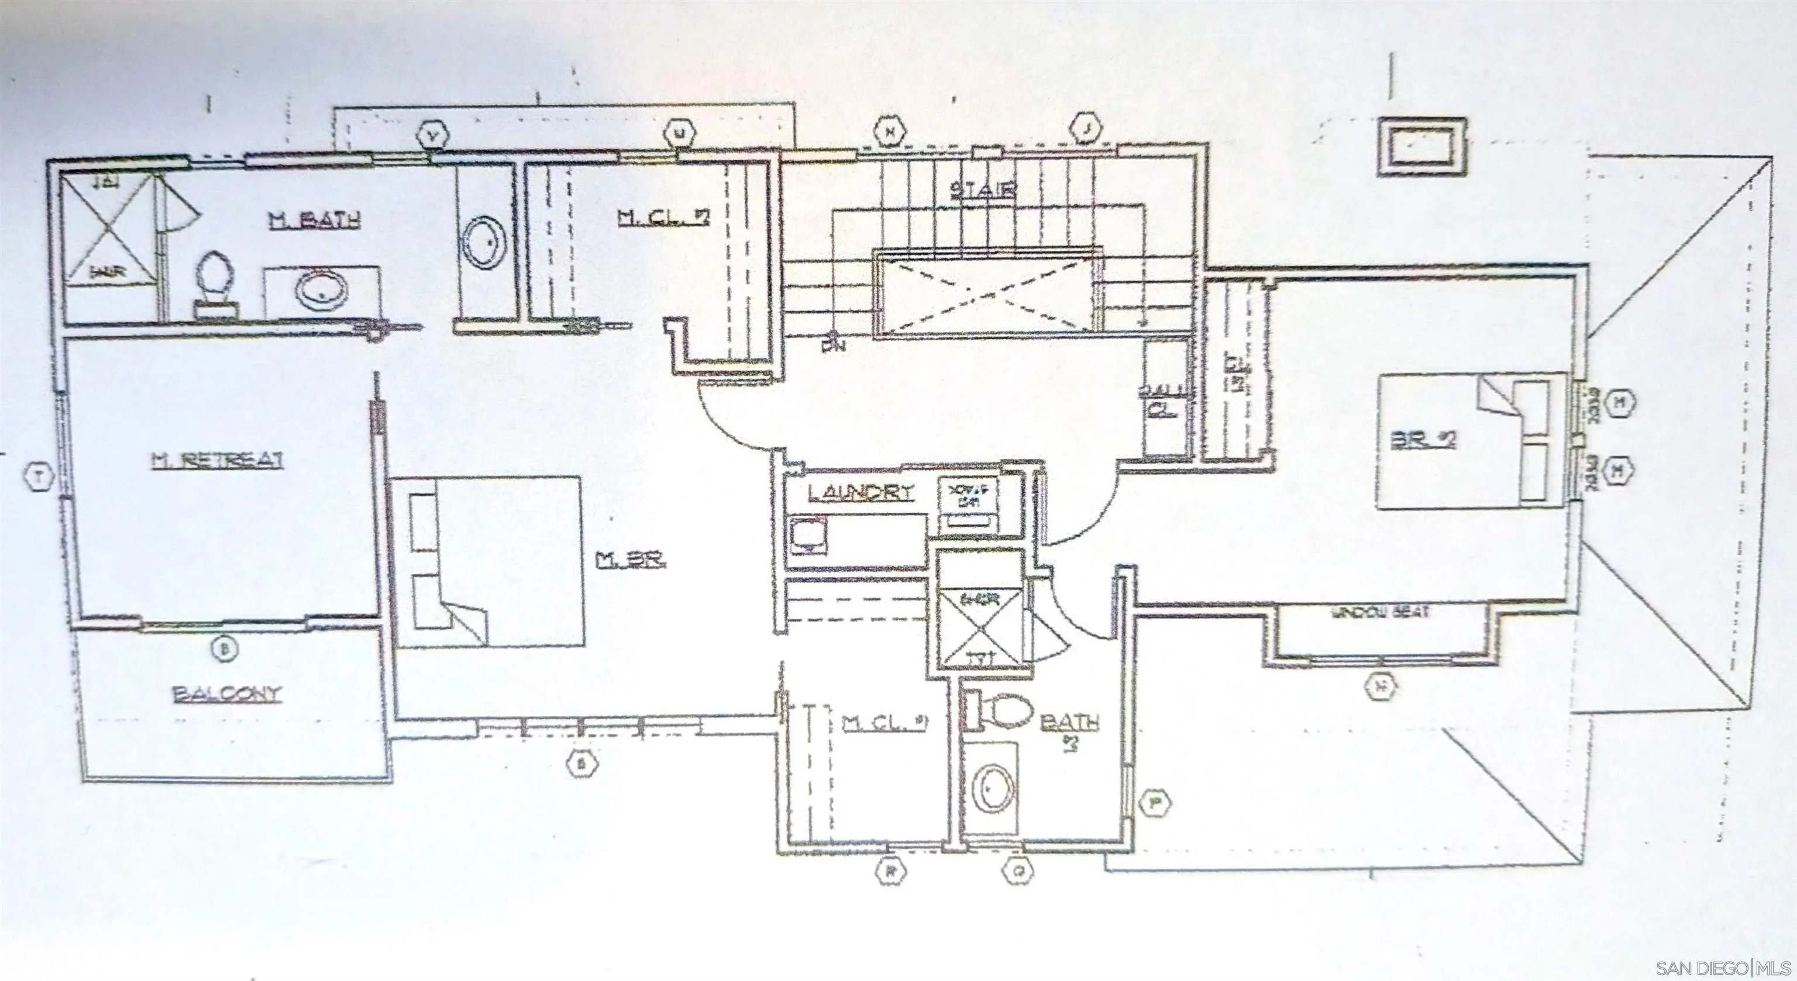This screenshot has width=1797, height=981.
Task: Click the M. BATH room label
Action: point(315,220)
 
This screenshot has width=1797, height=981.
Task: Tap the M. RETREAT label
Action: point(218,460)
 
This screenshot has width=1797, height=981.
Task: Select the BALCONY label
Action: point(228,694)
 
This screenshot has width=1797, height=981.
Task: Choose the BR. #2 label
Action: point(1423,440)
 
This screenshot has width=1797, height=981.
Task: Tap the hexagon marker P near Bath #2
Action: point(1155,803)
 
